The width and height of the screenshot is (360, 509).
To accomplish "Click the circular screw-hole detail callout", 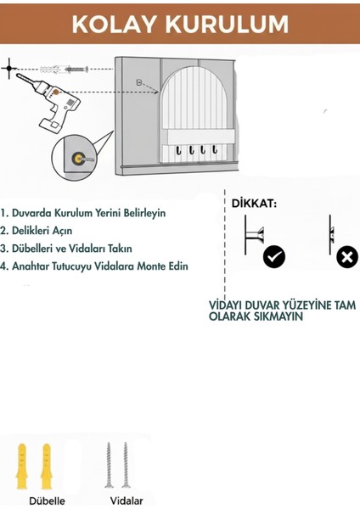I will (x=79, y=159).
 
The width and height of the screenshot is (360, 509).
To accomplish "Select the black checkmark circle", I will (x=274, y=257).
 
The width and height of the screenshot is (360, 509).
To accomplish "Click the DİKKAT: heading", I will (x=256, y=204).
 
